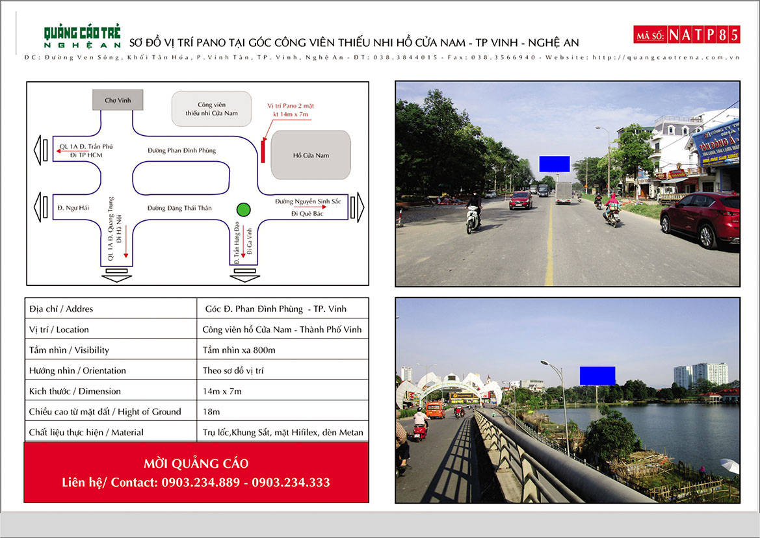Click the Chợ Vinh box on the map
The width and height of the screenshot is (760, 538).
point(117,100)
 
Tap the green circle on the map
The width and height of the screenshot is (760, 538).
point(243,209)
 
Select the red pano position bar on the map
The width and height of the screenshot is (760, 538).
point(263,150)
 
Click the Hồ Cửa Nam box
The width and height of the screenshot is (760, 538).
point(311,155)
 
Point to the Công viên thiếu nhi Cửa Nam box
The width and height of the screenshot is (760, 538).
point(211,109)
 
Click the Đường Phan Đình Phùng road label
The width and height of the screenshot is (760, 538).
point(181,151)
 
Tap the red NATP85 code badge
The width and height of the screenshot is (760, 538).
point(687,34)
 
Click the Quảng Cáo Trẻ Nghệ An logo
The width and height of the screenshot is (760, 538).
point(82,36)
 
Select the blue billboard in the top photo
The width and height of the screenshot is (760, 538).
point(554,164)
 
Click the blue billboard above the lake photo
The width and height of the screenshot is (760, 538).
point(597,376)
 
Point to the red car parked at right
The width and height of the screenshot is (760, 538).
point(700,219)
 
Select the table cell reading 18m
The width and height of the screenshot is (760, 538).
point(211,411)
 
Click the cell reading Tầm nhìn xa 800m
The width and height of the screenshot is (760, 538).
point(239,350)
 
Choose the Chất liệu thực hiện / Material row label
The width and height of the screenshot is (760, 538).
point(86,432)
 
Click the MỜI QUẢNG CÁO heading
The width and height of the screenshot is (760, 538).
point(196,463)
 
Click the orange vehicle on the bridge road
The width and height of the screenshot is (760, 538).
point(435,410)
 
